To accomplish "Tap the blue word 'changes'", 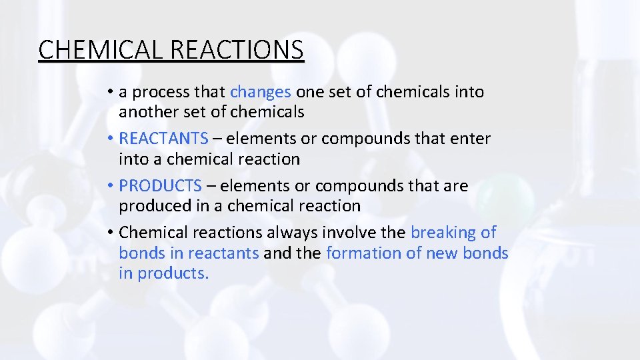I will coord(261,92).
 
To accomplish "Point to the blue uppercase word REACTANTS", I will coord(163,139).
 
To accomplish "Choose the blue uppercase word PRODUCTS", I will coord(160,186).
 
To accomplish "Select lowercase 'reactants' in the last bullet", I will coord(223,253).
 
